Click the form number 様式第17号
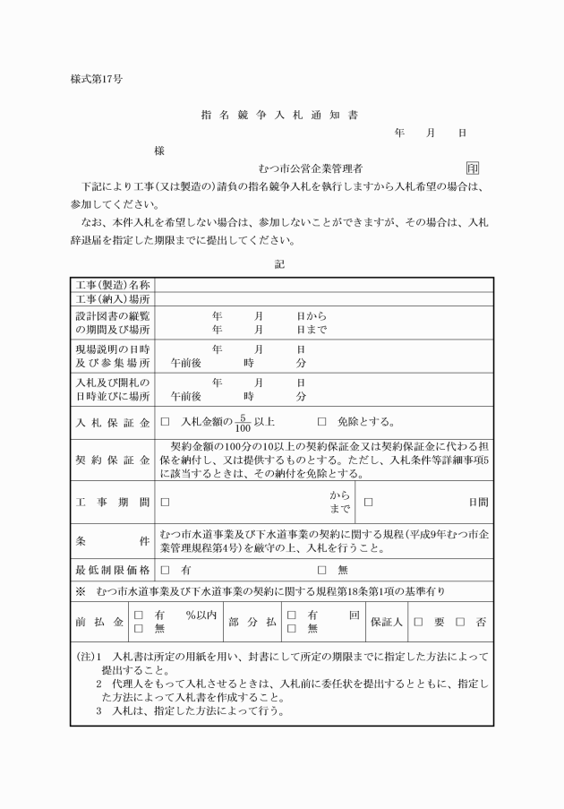click(x=96, y=78)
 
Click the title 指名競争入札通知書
click(x=281, y=116)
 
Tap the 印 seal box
click(x=472, y=168)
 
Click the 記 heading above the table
click(x=281, y=265)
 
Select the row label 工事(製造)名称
click(x=112, y=285)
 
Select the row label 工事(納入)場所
click(x=112, y=299)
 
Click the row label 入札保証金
click(x=112, y=422)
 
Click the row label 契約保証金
click(x=112, y=460)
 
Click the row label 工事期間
click(x=112, y=503)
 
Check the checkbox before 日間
click(x=368, y=503)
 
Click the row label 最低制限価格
click(x=112, y=569)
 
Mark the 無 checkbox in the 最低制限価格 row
click(x=322, y=569)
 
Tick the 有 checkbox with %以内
click(x=138, y=615)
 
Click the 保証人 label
click(x=387, y=622)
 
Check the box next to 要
click(x=417, y=622)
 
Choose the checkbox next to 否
click(x=460, y=622)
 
